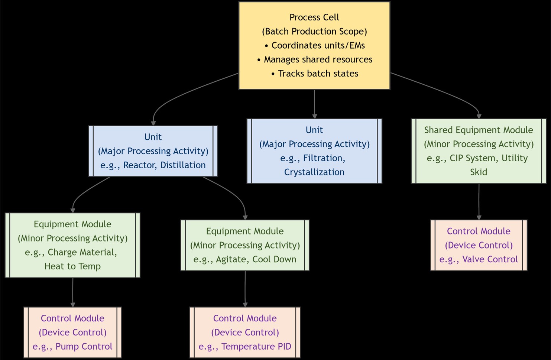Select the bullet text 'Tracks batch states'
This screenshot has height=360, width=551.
coord(318,74)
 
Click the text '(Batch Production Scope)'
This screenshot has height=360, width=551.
coord(314,31)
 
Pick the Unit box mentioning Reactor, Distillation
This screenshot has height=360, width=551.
coord(153,151)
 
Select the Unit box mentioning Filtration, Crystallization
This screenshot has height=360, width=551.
coord(314,151)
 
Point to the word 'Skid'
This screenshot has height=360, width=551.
coord(479,172)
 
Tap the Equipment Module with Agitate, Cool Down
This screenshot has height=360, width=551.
coord(245,245)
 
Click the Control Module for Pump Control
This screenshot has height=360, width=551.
coord(72,332)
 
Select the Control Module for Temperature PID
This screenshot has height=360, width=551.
coord(245,332)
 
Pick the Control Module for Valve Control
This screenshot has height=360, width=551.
coord(479,245)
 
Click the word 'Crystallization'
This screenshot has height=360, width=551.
coord(314,172)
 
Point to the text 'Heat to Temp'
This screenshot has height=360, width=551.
coord(72,266)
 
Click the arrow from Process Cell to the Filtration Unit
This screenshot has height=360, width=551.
coord(315,104)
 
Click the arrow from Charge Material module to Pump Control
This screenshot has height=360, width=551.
coord(73,292)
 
